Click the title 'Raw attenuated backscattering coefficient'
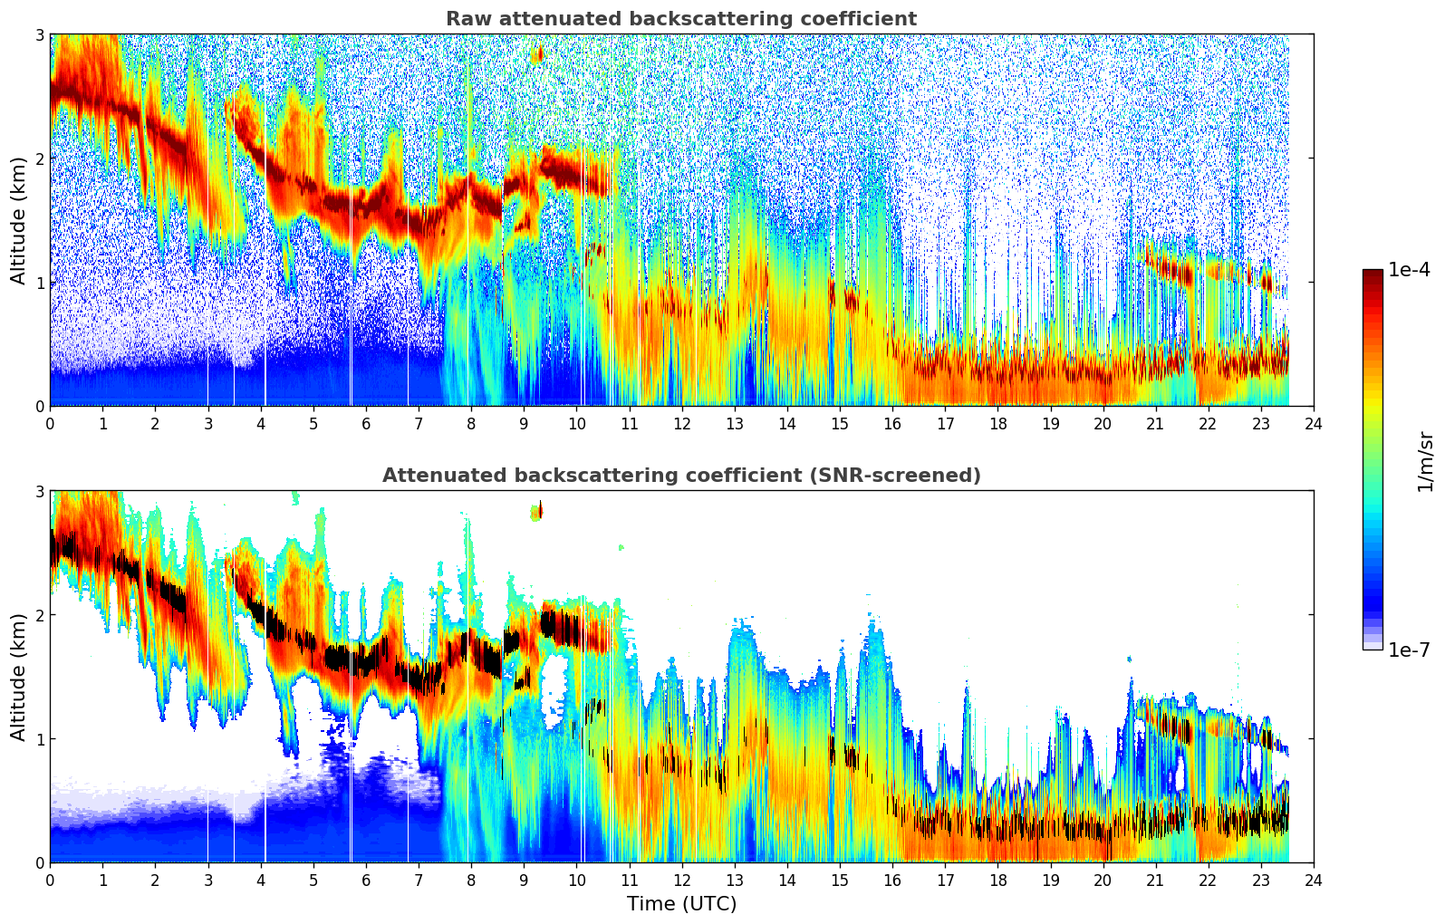(x=680, y=19)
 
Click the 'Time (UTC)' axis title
(x=681, y=904)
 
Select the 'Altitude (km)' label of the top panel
(x=18, y=220)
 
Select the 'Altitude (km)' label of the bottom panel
(x=18, y=677)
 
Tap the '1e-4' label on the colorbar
(x=1409, y=270)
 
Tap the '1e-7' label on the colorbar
(x=1409, y=650)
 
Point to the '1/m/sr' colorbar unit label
(x=1425, y=460)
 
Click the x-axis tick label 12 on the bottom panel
(x=681, y=881)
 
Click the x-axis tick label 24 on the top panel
(x=1313, y=424)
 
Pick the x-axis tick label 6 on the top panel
(x=366, y=424)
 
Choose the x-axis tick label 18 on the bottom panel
(x=997, y=881)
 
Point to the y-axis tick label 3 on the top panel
(x=40, y=34)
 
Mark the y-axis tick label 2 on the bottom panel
(x=40, y=615)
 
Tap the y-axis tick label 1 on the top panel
(x=40, y=283)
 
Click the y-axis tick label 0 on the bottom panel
(x=40, y=863)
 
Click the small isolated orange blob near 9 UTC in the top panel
(x=537, y=55)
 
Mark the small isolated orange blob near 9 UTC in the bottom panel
(x=536, y=512)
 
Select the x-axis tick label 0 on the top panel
(x=50, y=424)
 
